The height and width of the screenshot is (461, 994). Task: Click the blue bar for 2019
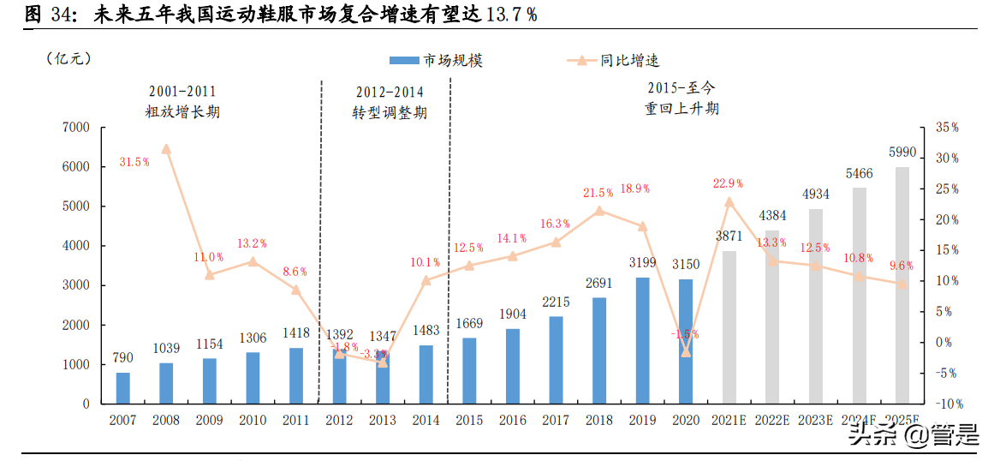[x=642, y=340]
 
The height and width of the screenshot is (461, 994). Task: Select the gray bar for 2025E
[x=902, y=284]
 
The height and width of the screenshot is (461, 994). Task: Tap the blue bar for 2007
[x=123, y=387]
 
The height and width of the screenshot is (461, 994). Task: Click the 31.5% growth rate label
[x=135, y=161]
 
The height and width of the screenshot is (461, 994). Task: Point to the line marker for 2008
[x=166, y=148]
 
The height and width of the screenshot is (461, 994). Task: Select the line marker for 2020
[x=686, y=351]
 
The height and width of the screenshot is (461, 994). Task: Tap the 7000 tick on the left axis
[x=76, y=128]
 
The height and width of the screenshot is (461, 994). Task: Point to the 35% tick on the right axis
[x=946, y=128]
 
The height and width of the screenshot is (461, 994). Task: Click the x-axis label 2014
[x=426, y=420]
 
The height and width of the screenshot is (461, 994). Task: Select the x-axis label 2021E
[x=729, y=420]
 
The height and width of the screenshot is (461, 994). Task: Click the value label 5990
[x=902, y=153]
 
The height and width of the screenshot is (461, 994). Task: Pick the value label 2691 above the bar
[x=599, y=284]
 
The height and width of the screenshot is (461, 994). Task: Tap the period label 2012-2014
[x=390, y=92]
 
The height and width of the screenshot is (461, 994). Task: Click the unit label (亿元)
[x=68, y=58]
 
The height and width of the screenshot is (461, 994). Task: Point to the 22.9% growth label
[x=728, y=183]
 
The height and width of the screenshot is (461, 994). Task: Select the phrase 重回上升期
[x=682, y=109]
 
